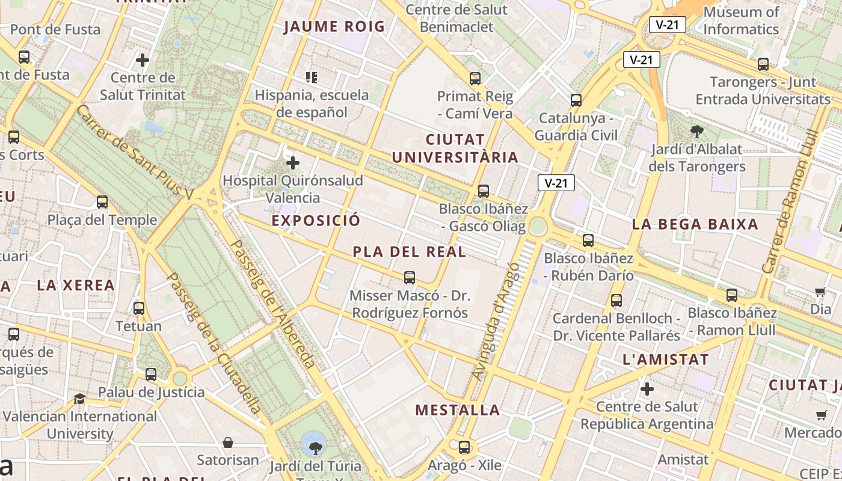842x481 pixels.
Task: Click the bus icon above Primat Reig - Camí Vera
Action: click(475, 78)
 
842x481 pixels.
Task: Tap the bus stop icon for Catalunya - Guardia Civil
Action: click(576, 100)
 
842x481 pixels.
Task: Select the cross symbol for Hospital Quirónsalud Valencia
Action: click(293, 163)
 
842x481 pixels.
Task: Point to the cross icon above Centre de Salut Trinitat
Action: click(143, 60)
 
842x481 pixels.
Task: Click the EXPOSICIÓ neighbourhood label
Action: click(316, 221)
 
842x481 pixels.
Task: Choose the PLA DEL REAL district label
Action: click(410, 252)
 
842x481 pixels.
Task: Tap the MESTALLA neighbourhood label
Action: click(458, 410)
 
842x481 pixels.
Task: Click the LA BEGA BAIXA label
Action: click(695, 224)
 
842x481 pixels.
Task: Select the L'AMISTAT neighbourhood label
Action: click(666, 360)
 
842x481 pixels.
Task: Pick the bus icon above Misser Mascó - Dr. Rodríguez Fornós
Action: click(410, 278)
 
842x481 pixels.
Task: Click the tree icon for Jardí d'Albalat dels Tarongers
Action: click(697, 131)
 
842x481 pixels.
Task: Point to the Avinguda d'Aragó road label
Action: click(496, 321)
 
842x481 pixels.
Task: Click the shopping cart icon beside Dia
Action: click(820, 292)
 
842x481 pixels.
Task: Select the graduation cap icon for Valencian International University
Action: click(79, 399)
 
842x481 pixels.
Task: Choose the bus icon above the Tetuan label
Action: click(139, 308)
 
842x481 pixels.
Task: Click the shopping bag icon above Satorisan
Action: click(228, 443)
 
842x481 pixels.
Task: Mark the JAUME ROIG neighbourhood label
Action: click(334, 26)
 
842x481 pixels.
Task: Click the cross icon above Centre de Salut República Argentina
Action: click(647, 389)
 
